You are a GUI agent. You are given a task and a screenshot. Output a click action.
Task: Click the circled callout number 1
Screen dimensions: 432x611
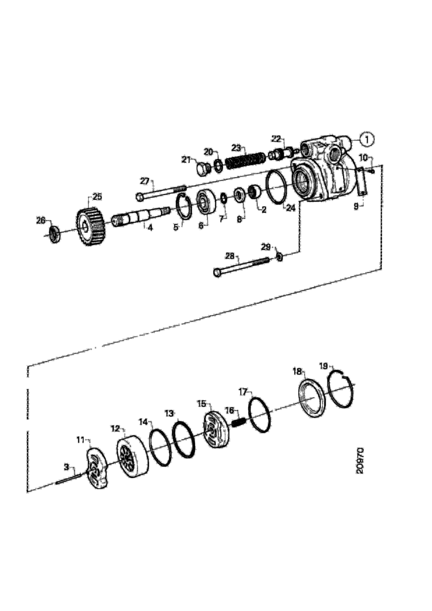click(366, 138)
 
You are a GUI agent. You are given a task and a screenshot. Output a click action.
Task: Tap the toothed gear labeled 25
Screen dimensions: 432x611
click(90, 226)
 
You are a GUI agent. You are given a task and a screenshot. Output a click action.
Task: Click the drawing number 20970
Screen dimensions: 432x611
click(360, 460)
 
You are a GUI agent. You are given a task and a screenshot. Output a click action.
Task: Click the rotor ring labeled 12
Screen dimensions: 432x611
click(133, 456)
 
